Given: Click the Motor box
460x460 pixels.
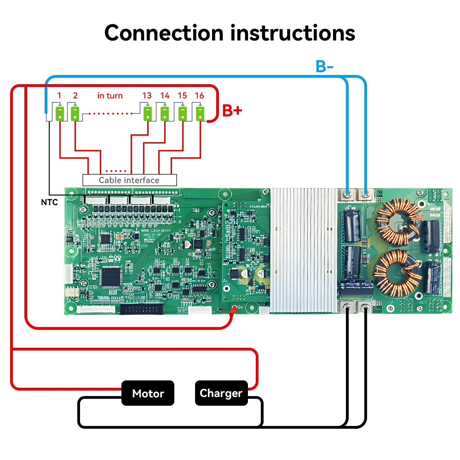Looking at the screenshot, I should coord(148,393).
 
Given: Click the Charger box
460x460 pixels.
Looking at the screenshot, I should coord(221,393).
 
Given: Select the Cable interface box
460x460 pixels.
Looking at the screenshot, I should coord(129,180).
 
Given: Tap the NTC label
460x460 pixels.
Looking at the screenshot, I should coord(49,202).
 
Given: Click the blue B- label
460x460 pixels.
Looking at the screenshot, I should coord(325,66).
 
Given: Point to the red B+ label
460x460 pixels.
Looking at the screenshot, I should coord(232,110).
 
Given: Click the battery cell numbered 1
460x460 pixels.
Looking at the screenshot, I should coord(60,113).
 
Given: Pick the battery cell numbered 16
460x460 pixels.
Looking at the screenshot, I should coord(200,113).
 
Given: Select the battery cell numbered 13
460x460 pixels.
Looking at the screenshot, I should coord(147,113).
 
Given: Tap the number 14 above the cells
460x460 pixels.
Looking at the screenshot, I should coord(165,96).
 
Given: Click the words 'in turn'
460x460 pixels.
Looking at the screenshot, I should coord(110,96).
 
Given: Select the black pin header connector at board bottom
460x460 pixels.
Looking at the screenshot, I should coord(141,309).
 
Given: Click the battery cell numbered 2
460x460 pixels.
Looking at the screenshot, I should coord(75,113).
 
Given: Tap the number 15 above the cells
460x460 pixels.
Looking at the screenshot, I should coord(182,96).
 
